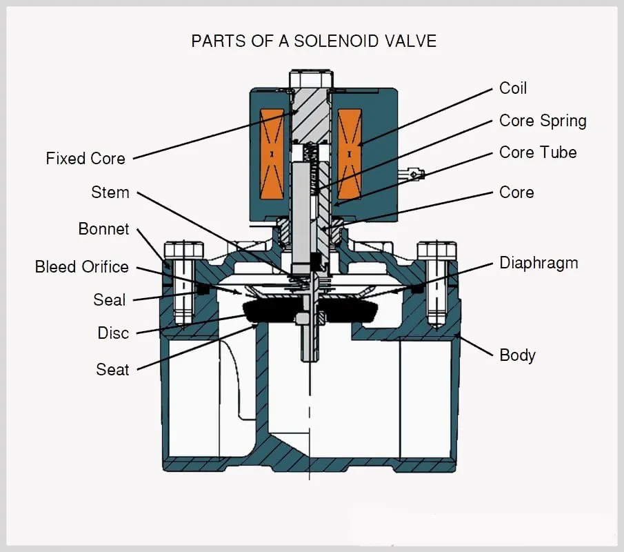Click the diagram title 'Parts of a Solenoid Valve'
pyautogui.click(x=314, y=41)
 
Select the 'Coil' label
pyautogui.click(x=513, y=88)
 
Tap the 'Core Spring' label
pyautogui.click(x=543, y=121)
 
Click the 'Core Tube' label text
pyautogui.click(x=538, y=152)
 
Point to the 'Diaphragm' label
pyautogui.click(x=539, y=263)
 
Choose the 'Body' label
pyautogui.click(x=517, y=355)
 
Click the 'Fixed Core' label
pyautogui.click(x=85, y=159)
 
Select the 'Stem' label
pyautogui.click(x=110, y=193)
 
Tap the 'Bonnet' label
pyautogui.click(x=104, y=229)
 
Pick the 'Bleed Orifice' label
pyautogui.click(x=82, y=266)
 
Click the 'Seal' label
pyautogui.click(x=110, y=300)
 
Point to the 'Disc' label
pyautogui.click(x=113, y=333)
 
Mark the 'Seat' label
pyautogui.click(x=112, y=370)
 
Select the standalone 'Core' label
pyautogui.click(x=516, y=193)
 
